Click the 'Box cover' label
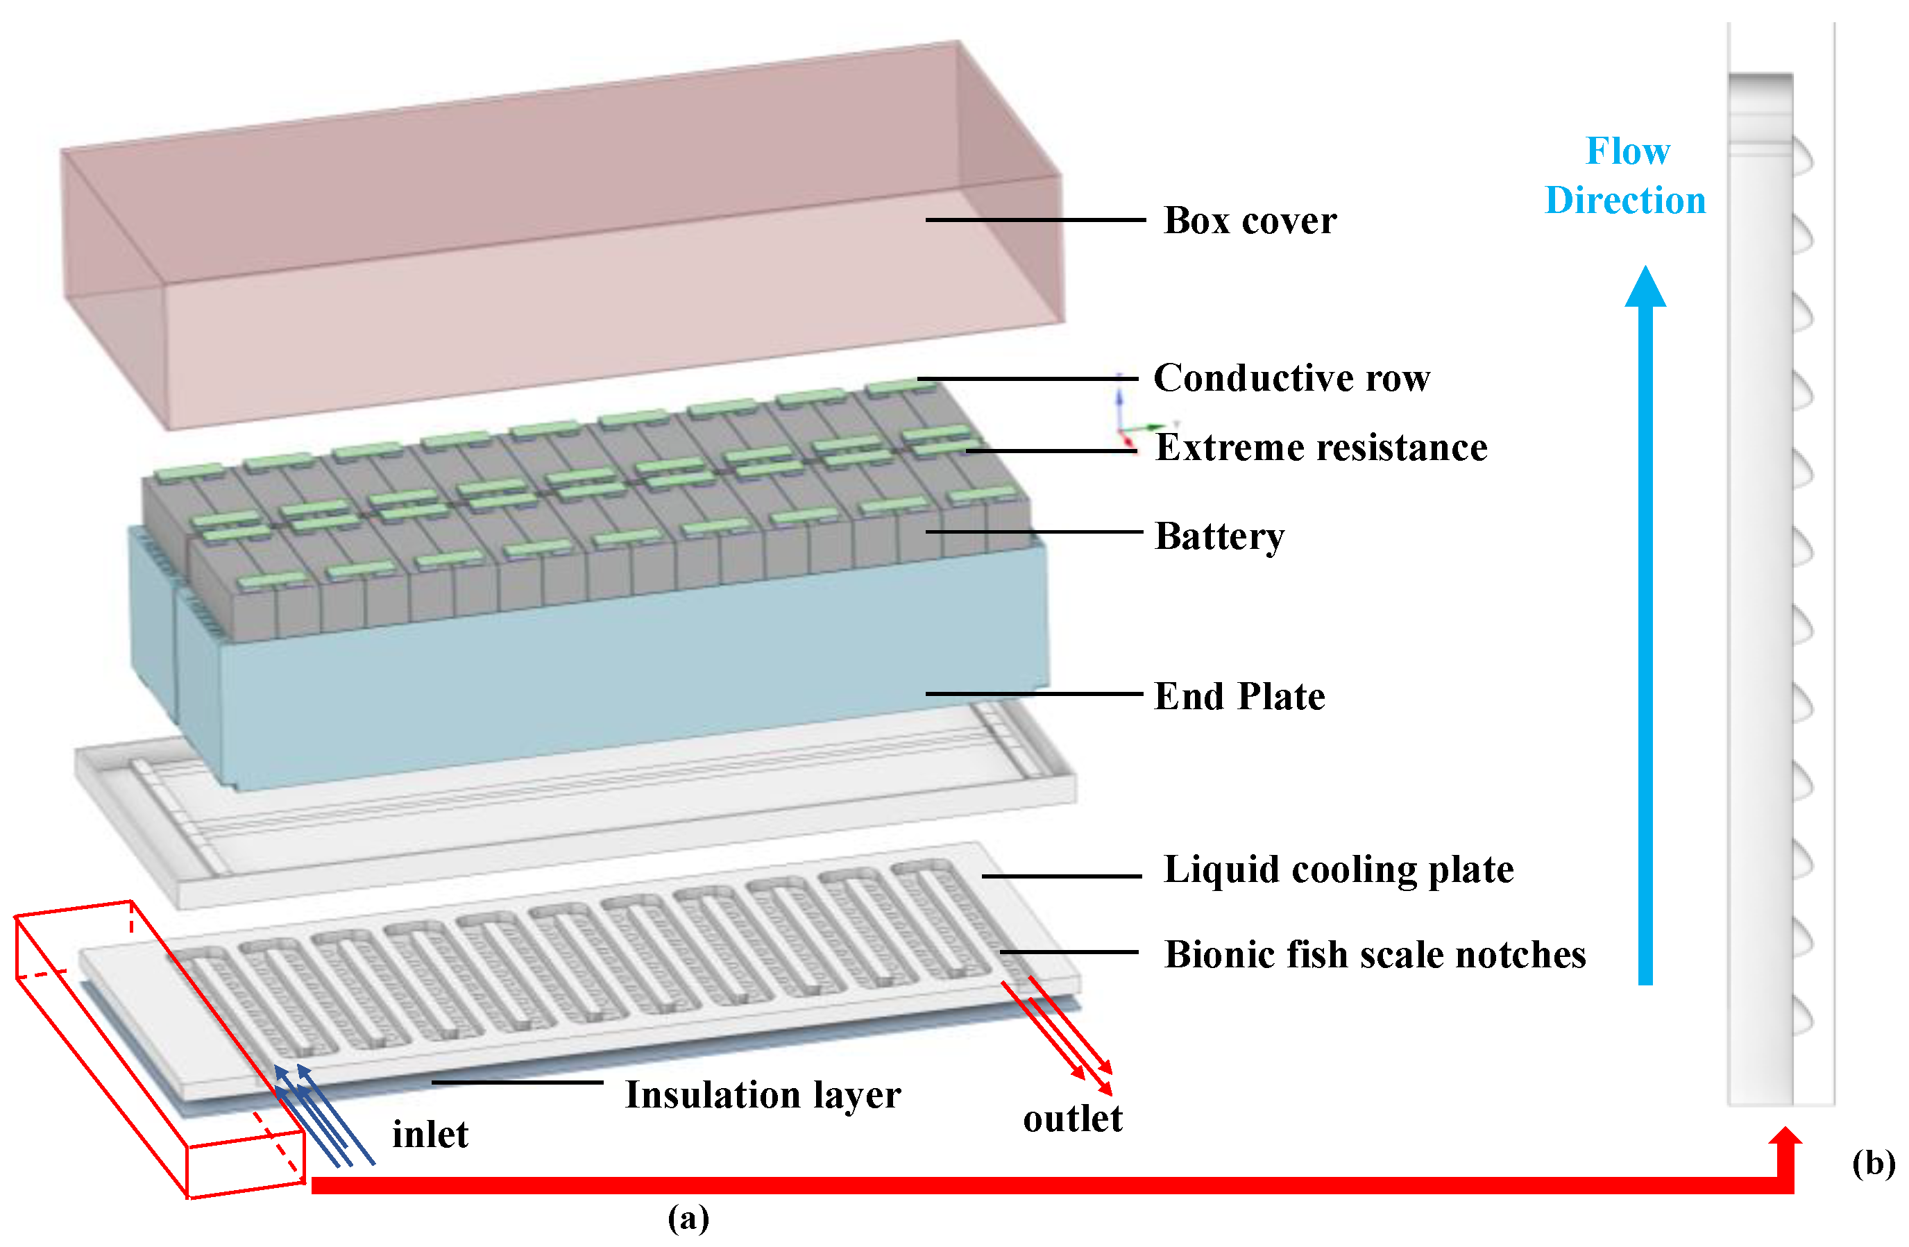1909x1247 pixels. coord(1250,221)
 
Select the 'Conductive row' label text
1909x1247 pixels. coord(1291,378)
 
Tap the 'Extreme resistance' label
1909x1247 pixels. coord(1321,448)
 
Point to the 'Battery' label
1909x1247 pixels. coord(1219,536)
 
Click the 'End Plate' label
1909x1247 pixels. coord(1239,696)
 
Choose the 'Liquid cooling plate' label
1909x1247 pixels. coord(1338,870)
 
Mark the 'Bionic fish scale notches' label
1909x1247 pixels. coord(1375,954)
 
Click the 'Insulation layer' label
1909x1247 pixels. coord(763,1094)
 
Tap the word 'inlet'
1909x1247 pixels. coord(430,1135)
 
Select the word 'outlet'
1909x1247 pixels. coord(1072,1119)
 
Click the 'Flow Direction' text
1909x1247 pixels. coord(1627,176)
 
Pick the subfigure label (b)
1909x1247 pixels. coord(1874,1163)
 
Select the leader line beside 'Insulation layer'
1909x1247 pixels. coord(518,1083)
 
